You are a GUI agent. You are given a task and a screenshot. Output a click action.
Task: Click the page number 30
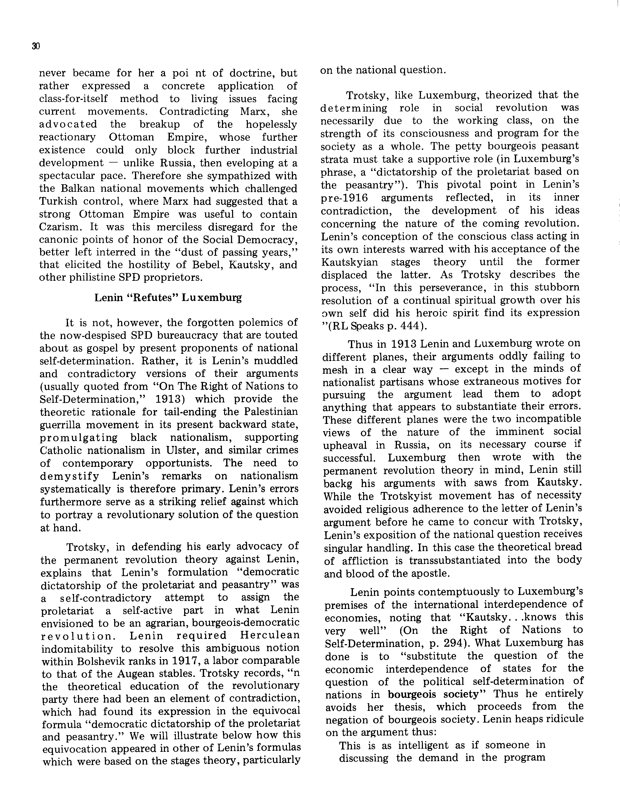click(36, 46)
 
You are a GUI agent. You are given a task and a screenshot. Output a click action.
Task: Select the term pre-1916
click(344, 198)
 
